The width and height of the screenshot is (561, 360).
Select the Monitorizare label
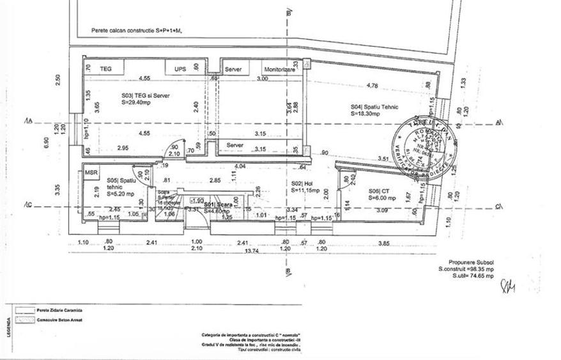click(277, 68)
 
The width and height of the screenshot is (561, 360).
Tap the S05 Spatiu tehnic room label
click(120, 187)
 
